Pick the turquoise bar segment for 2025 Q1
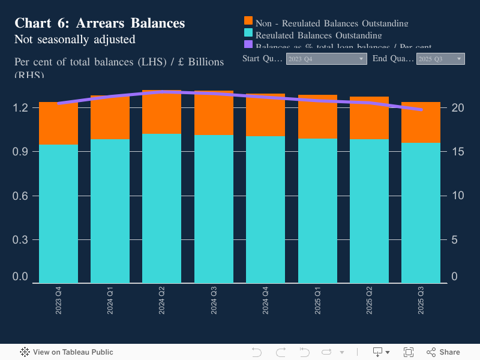[x=317, y=210]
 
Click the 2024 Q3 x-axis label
[x=214, y=300]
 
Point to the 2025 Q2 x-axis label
[x=369, y=300]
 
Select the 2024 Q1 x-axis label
[x=110, y=300]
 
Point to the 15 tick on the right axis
[x=458, y=152]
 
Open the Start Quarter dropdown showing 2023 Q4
[x=326, y=59]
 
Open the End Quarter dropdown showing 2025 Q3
[x=440, y=59]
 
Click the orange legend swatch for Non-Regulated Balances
[x=248, y=22]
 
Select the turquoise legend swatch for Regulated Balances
[x=248, y=34]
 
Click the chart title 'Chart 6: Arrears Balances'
[x=100, y=23]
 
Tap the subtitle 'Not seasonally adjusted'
[x=74, y=40]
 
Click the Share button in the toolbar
[x=443, y=352]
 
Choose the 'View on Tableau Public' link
[x=67, y=352]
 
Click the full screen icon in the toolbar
[x=409, y=352]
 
